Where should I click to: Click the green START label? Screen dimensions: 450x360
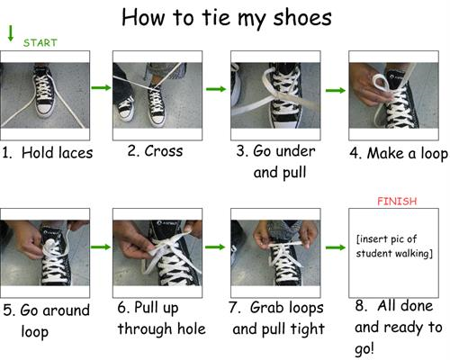tap(40, 43)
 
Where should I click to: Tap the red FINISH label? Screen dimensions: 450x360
tap(397, 201)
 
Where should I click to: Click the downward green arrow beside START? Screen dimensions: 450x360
tap(11, 33)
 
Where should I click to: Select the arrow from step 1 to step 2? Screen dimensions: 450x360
tap(101, 87)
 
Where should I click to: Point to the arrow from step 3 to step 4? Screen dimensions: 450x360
tap(336, 90)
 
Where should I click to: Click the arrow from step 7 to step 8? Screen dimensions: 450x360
tap(336, 247)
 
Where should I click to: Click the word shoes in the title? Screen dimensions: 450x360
tap(302, 17)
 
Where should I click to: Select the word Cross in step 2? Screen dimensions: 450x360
tap(164, 150)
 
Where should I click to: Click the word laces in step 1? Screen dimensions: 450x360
tap(75, 152)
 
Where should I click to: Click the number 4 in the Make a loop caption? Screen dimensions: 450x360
tap(354, 153)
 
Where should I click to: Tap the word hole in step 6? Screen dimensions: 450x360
tap(192, 328)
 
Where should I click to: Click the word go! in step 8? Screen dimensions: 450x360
tap(364, 349)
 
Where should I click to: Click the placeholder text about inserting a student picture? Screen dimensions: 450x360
tap(394, 247)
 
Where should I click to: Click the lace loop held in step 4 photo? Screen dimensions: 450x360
tap(381, 83)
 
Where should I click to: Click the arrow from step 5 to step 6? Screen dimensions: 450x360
tap(101, 247)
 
